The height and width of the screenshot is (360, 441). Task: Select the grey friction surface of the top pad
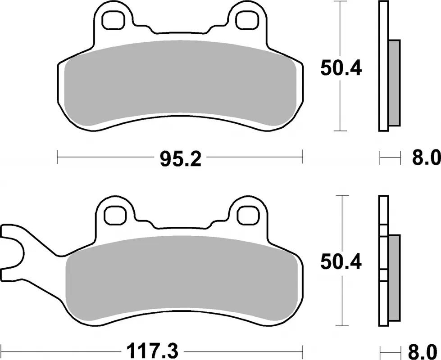(180, 83)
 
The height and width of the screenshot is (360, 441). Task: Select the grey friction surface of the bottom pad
(180, 279)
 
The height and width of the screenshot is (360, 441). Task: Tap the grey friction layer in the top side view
(394, 83)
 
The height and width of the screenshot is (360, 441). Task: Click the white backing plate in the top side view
(383, 67)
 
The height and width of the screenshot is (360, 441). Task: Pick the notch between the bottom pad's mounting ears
(180, 229)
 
